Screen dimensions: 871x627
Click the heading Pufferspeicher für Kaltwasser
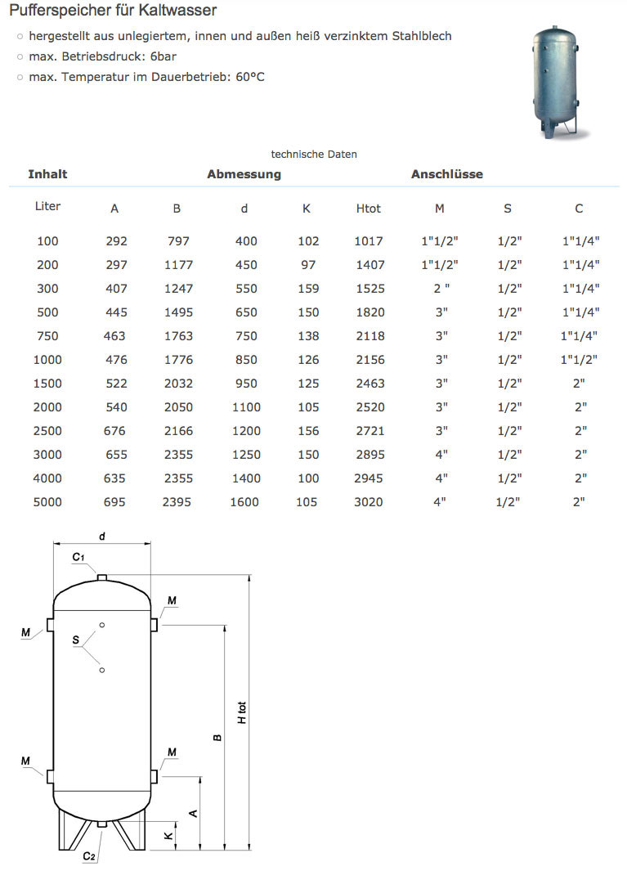[x=113, y=11]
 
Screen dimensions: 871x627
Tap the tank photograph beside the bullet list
[x=558, y=83]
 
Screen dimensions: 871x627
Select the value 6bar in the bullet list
[x=162, y=56]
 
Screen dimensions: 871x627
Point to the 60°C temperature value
[x=250, y=77]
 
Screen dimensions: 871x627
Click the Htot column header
[x=369, y=209]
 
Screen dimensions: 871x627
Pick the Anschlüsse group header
[x=446, y=174]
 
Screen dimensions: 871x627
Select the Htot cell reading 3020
[x=369, y=502]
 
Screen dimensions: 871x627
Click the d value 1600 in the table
[x=244, y=502]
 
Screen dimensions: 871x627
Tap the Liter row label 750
[x=48, y=336]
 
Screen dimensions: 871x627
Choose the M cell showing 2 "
[x=440, y=289]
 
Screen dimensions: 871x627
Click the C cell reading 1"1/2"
[x=580, y=360]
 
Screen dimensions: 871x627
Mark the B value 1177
[x=177, y=265]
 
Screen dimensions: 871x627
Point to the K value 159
[x=307, y=289]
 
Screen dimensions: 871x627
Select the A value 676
[x=114, y=431]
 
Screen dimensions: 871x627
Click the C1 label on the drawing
[x=78, y=557]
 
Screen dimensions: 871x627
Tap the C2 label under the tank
[x=89, y=856]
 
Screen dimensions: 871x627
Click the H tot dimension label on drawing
[x=242, y=712]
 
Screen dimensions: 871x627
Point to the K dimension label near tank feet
[x=167, y=836]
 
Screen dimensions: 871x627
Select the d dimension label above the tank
[x=102, y=537]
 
